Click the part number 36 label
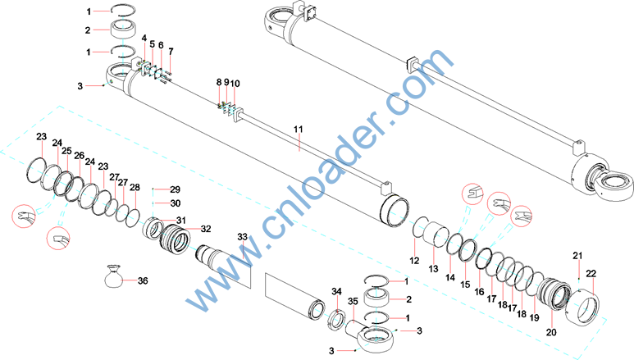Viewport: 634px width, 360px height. pyautogui.click(x=143, y=280)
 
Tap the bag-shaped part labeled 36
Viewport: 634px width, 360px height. pyautogui.click(x=114, y=276)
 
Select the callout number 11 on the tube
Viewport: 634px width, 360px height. pyautogui.click(x=299, y=130)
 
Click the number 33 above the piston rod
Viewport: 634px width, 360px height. pyautogui.click(x=242, y=237)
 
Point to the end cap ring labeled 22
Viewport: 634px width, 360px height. pyautogui.click(x=582, y=308)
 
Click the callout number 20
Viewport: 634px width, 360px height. pyautogui.click(x=551, y=332)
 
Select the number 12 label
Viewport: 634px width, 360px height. pyautogui.click(x=414, y=261)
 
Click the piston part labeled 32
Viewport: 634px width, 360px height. pyautogui.click(x=176, y=241)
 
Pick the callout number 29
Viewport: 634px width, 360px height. pyautogui.click(x=175, y=189)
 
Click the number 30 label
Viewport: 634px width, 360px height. pyautogui.click(x=175, y=203)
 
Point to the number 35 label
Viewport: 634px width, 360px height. pyautogui.click(x=353, y=302)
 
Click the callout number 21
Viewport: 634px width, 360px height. pyautogui.click(x=577, y=256)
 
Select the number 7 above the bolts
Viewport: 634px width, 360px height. pyautogui.click(x=171, y=52)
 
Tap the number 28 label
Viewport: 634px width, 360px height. pyautogui.click(x=135, y=187)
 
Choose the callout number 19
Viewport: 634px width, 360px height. pyautogui.click(x=535, y=318)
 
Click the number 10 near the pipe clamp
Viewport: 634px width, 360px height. pyautogui.click(x=235, y=84)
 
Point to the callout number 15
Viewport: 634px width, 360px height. pyautogui.click(x=465, y=285)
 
